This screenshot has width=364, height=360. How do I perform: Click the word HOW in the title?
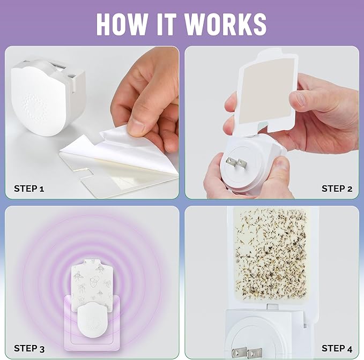click(x=122, y=24)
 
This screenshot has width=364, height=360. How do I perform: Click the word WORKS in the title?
click(x=225, y=24)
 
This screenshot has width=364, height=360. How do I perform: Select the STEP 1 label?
click(x=29, y=189)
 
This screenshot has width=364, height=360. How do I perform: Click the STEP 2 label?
click(x=337, y=189)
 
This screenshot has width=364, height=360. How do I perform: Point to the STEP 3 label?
click(x=29, y=348)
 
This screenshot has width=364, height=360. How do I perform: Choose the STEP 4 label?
click(x=337, y=348)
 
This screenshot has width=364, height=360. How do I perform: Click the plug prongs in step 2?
click(x=236, y=162)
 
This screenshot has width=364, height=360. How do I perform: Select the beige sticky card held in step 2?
click(x=267, y=92)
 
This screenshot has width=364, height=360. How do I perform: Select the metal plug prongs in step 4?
click(x=247, y=352)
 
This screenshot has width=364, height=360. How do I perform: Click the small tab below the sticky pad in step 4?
click(x=272, y=307)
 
